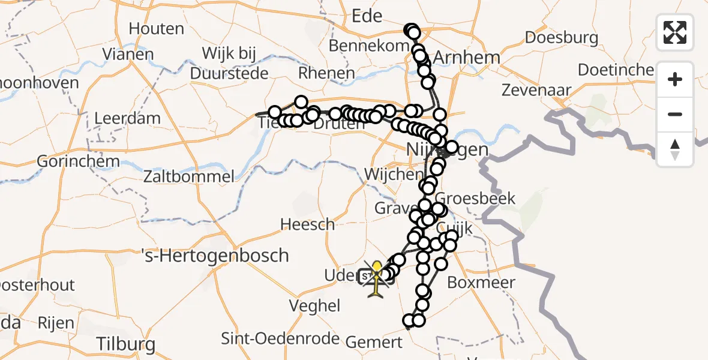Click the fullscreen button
pyautogui.click(x=675, y=32)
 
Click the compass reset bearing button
pyautogui.click(x=675, y=149)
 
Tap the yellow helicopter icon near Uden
pyautogui.click(x=376, y=278)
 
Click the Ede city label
pyautogui.click(x=367, y=16)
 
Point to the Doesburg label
pyautogui.click(x=562, y=37)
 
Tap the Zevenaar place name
pyautogui.click(x=537, y=90)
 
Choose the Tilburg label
pyautogui.click(x=125, y=344)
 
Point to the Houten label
pyautogui.click(x=156, y=28)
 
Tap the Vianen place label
pyautogui.click(x=128, y=55)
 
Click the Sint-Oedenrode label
pyautogui.click(x=281, y=338)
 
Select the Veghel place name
pyautogui.click(x=314, y=305)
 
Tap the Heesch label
pyautogui.click(x=308, y=224)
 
